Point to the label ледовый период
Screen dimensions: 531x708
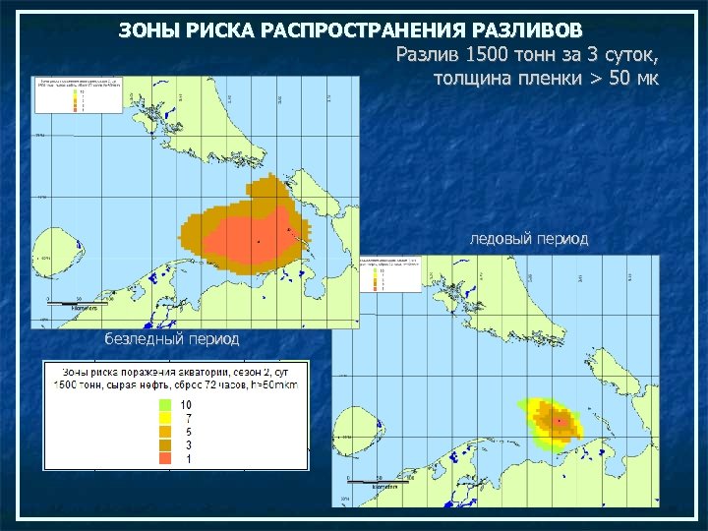(x=529, y=239)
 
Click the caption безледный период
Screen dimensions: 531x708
(x=171, y=338)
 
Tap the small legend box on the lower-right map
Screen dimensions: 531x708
(x=391, y=273)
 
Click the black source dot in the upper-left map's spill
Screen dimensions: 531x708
(x=258, y=241)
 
